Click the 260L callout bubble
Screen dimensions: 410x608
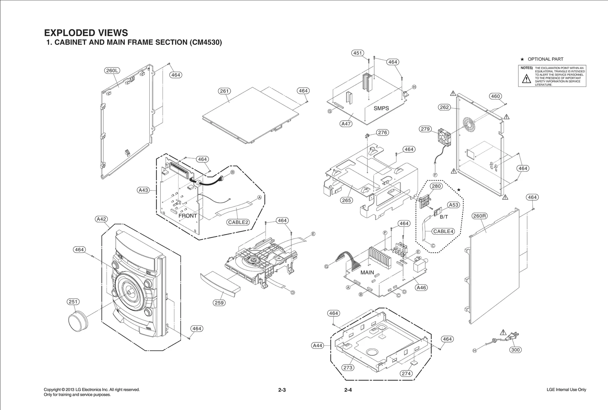click(x=112, y=71)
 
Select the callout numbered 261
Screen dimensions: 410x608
click(x=225, y=91)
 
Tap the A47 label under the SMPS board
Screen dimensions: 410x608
click(x=346, y=124)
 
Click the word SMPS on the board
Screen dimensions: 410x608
click(x=381, y=108)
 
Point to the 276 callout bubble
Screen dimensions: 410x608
click(x=383, y=132)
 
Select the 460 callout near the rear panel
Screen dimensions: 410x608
click(x=496, y=96)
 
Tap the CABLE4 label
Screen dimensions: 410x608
click(x=443, y=231)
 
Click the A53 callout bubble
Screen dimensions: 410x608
click(x=454, y=205)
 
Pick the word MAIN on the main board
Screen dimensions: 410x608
click(x=367, y=273)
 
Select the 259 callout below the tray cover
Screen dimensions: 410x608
click(x=219, y=303)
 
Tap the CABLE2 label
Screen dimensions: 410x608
click(x=238, y=222)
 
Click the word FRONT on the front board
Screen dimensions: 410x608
click(x=188, y=216)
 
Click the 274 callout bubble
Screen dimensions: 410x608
click(x=406, y=374)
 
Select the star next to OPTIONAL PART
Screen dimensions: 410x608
click(x=522, y=59)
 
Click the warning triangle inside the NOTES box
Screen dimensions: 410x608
click(x=526, y=79)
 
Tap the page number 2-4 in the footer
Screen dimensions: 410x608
click(x=348, y=390)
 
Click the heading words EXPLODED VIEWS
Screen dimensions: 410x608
click(x=86, y=33)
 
